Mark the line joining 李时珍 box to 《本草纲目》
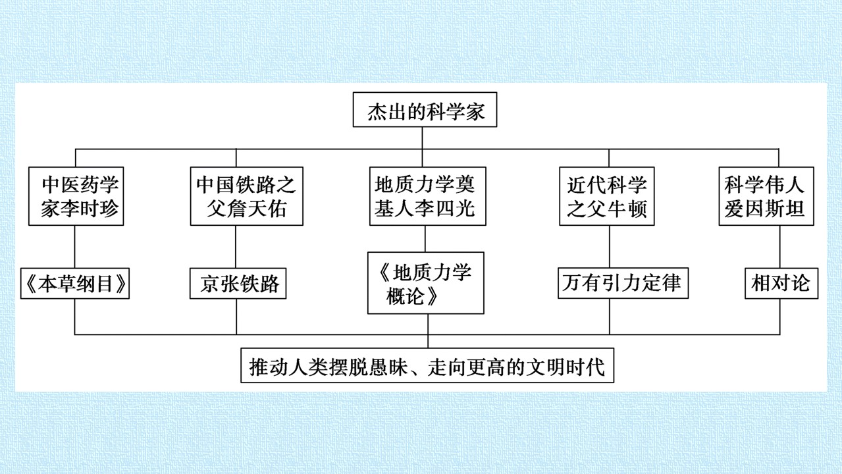pos(74,247)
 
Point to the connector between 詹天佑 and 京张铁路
pos(236,247)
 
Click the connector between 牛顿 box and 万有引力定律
pos(610,247)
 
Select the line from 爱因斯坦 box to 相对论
pos(779,247)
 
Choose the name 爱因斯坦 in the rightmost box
pos(764,209)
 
